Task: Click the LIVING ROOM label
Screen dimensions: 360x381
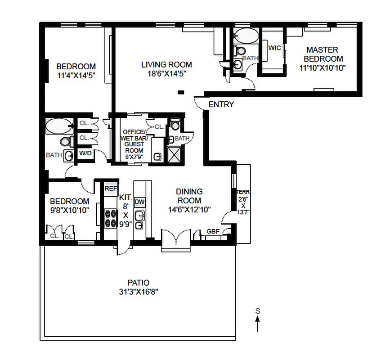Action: coord(166,64)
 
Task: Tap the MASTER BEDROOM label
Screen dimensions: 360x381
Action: coord(322,54)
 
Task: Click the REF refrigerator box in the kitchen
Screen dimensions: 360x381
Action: coord(111,189)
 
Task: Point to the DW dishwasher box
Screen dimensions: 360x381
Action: coord(139,202)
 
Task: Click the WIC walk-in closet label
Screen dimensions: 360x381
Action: coord(274,48)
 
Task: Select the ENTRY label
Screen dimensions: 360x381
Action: coord(221,104)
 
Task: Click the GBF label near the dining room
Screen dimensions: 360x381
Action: coord(213,232)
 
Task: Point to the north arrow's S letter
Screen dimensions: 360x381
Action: coord(258,310)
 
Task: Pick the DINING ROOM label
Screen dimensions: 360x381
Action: coord(189,196)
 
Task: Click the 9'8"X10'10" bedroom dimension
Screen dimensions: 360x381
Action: coord(69,210)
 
